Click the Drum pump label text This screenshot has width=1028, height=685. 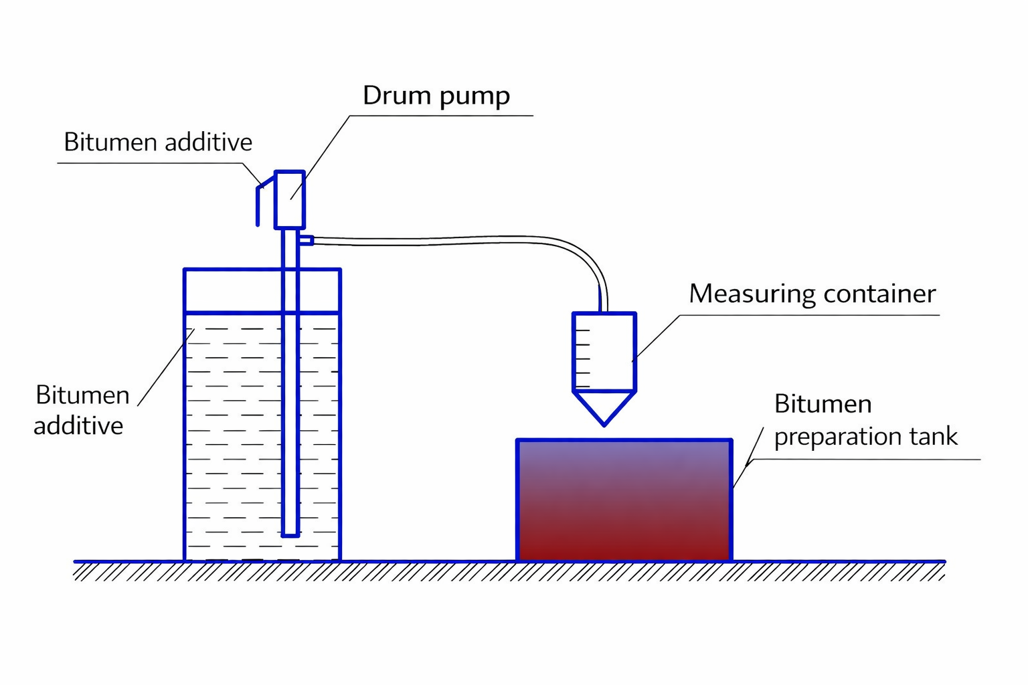pos(436,96)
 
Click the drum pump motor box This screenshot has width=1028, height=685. pos(290,199)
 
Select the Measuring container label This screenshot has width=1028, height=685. pos(812,294)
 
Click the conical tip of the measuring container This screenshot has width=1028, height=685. pos(604,408)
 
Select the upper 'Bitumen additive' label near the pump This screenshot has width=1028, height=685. pos(158,142)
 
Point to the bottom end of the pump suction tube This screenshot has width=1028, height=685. pos(290,533)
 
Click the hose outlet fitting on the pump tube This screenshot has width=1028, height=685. pos(306,240)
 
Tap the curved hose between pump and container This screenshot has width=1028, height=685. pos(468,239)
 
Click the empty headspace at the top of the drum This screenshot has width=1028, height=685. pos(228,291)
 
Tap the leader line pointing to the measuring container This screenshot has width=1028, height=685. pos(656,338)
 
